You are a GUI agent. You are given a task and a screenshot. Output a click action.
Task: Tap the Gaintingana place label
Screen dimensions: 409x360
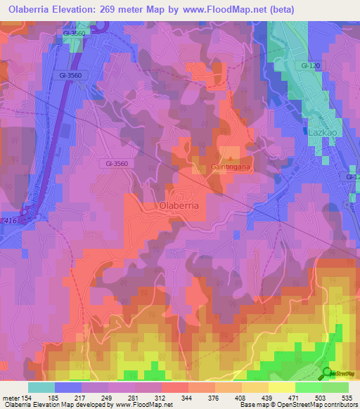pos(231,167)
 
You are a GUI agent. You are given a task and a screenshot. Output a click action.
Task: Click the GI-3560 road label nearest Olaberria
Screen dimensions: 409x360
pos(116,163)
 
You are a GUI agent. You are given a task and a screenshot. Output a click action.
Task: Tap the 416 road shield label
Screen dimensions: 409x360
pos(11,221)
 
